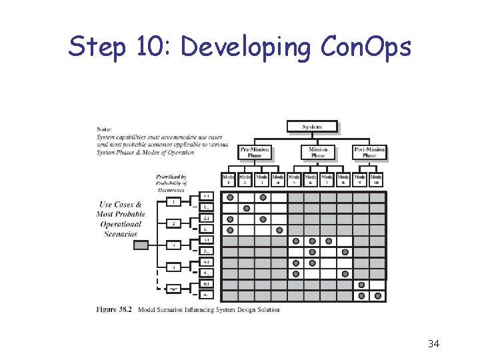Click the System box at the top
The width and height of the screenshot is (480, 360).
click(x=312, y=127)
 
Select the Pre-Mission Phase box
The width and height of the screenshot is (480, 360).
click(x=255, y=153)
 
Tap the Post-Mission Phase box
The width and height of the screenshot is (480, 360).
click(x=369, y=153)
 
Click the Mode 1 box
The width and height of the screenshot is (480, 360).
click(x=229, y=179)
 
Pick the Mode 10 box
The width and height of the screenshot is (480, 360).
click(x=377, y=179)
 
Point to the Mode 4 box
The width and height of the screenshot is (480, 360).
click(x=279, y=179)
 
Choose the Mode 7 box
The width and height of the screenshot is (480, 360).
click(x=328, y=179)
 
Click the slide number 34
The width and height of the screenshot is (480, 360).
click(x=433, y=344)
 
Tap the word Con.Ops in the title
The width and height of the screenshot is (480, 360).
click(x=366, y=47)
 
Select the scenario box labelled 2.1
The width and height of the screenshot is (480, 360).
click(x=207, y=219)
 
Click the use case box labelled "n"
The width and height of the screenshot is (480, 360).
click(x=173, y=289)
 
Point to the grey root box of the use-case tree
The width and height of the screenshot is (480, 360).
click(x=141, y=245)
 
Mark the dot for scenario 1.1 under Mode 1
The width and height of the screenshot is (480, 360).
click(x=230, y=197)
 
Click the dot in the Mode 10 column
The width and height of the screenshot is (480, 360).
click(x=378, y=295)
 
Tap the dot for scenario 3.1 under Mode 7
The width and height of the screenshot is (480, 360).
click(x=329, y=241)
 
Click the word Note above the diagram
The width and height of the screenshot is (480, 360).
click(x=104, y=129)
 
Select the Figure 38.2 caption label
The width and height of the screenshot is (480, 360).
click(x=115, y=309)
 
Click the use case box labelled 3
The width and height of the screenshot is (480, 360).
click(x=173, y=245)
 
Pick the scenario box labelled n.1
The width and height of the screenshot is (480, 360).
click(x=207, y=284)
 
